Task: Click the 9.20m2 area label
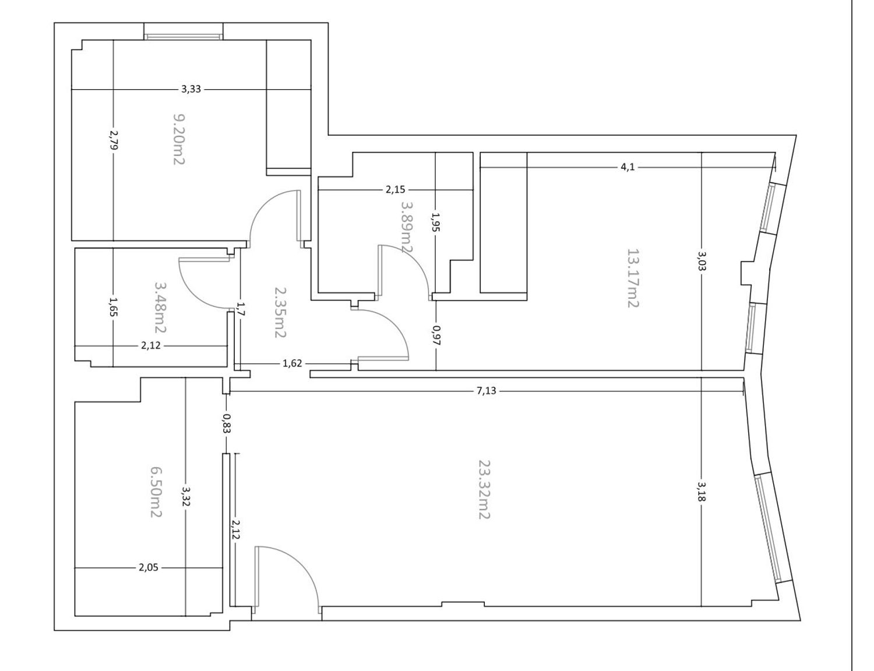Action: (x=178, y=139)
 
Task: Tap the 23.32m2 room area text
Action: (x=484, y=490)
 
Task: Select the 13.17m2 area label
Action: (x=633, y=278)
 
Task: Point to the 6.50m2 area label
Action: (x=156, y=492)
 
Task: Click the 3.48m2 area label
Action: (x=160, y=307)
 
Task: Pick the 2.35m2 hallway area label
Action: (x=280, y=312)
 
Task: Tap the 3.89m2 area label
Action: (x=407, y=227)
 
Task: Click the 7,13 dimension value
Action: (x=487, y=391)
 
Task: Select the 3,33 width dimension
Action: (x=191, y=89)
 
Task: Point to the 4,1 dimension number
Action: (x=628, y=167)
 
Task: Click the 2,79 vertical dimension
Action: (x=114, y=140)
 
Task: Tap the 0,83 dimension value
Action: (x=227, y=423)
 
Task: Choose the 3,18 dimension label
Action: (x=702, y=491)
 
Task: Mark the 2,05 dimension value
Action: (x=149, y=568)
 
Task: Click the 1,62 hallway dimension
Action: (x=292, y=363)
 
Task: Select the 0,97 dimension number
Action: (x=436, y=335)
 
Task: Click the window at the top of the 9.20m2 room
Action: (x=184, y=37)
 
